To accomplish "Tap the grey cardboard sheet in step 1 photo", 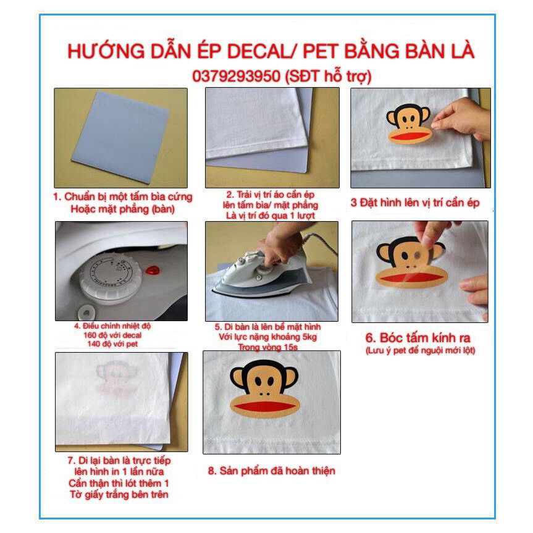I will [121, 136].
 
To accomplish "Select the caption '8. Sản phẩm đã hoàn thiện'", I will [271, 471].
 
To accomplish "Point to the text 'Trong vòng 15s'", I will [271, 346].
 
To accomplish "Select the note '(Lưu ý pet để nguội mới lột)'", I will [419, 351].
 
